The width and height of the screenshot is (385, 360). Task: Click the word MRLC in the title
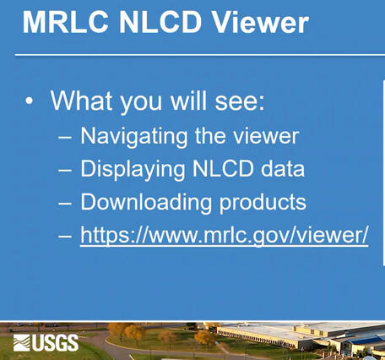[x=63, y=22]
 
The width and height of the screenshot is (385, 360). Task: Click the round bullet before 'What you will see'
[x=30, y=101]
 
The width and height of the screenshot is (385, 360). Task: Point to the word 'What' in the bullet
[x=81, y=101]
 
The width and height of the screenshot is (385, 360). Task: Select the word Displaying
[x=129, y=169]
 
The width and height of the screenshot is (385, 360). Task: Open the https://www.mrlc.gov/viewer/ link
[x=224, y=236]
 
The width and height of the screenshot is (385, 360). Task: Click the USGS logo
[x=46, y=342]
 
